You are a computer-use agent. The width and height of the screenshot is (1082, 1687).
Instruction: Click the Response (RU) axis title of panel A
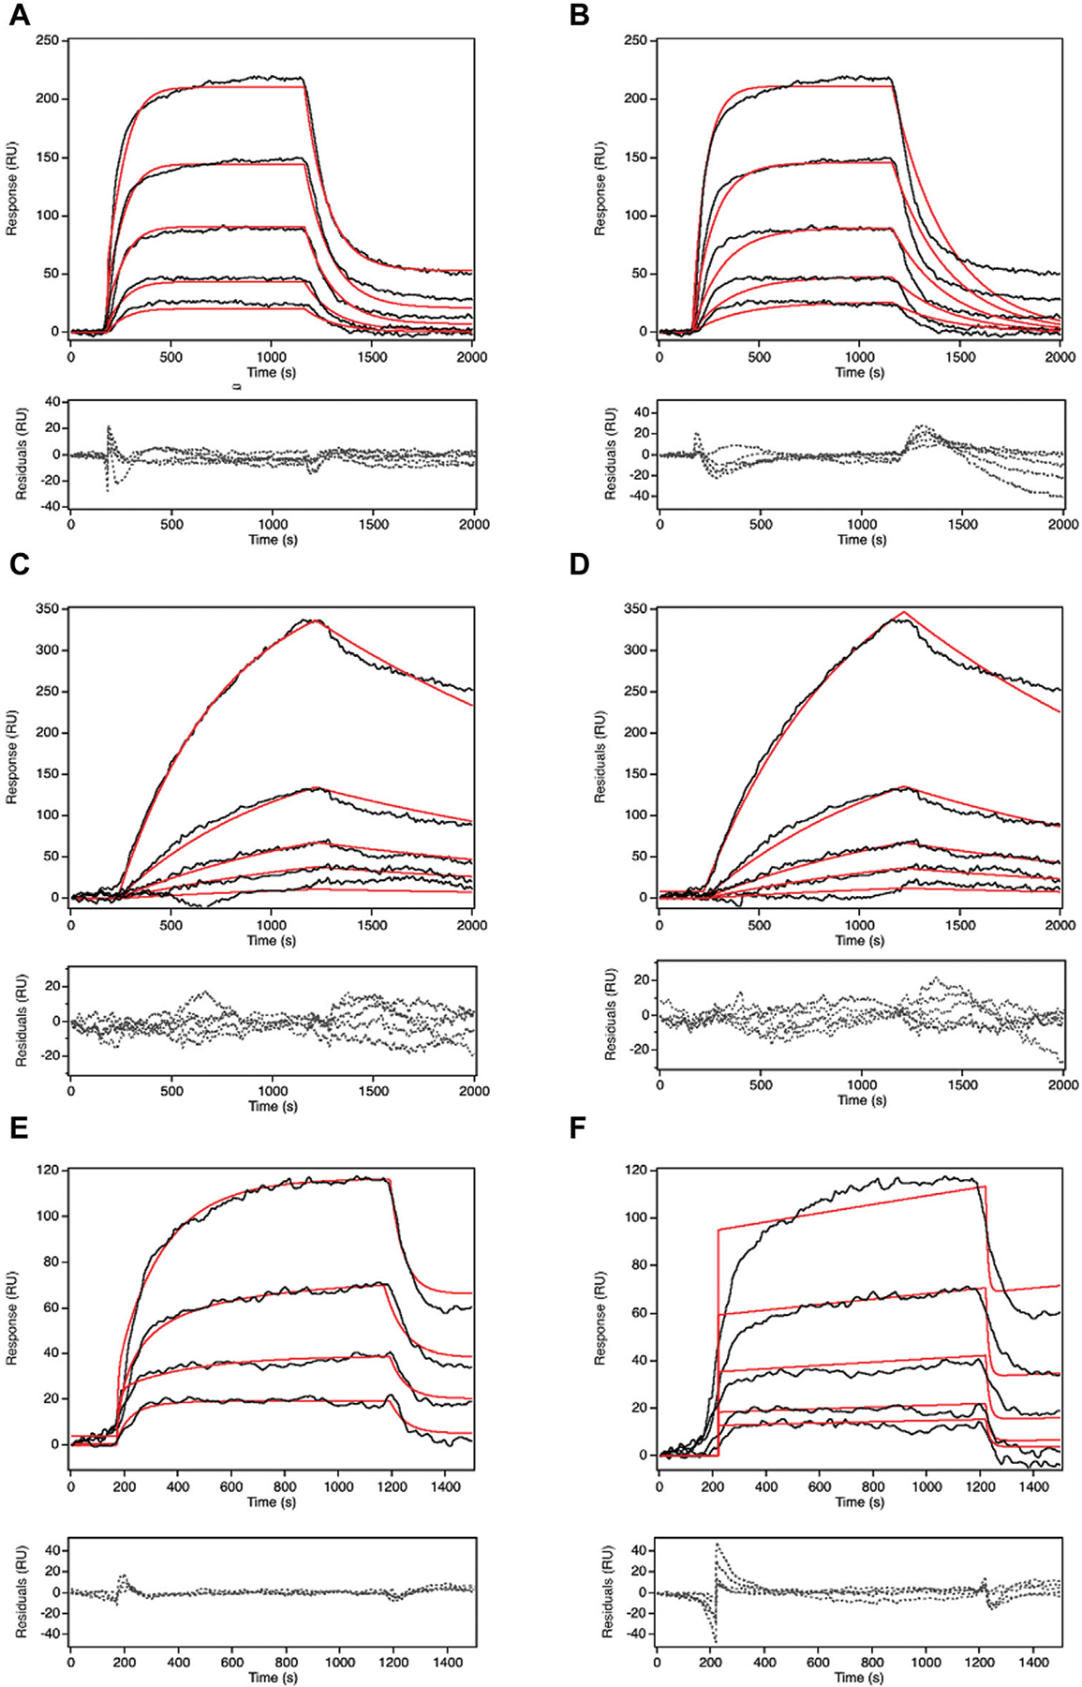click(x=12, y=187)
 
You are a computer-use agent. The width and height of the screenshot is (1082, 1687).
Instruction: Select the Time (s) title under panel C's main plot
click(x=272, y=940)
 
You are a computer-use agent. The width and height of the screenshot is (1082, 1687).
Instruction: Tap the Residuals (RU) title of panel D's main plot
click(x=600, y=755)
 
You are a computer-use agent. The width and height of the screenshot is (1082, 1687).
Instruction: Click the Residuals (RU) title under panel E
click(x=21, y=1592)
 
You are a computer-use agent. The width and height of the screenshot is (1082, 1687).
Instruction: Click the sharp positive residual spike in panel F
click(x=718, y=1544)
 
